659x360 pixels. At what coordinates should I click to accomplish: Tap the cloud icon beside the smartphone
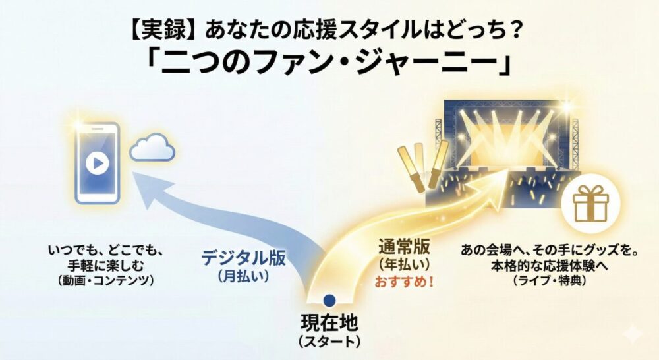coord(152,148)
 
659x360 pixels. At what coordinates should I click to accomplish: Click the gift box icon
coord(588,202)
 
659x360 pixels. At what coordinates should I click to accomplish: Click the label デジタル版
coord(244,257)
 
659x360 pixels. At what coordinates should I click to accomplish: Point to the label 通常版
coord(404,249)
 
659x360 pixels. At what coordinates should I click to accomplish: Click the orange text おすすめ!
coord(404,283)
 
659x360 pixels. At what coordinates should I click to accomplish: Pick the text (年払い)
coord(404,266)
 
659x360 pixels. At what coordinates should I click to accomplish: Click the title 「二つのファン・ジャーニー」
coord(329,63)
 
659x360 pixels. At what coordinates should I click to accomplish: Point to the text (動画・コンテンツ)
coord(105,280)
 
